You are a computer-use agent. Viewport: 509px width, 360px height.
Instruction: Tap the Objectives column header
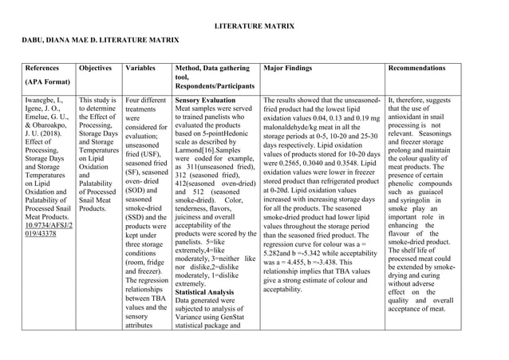97,69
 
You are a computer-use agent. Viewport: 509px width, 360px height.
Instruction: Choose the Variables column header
144,69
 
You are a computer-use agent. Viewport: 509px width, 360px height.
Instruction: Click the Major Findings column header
293,69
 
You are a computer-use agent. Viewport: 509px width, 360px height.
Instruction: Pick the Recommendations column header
416,69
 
